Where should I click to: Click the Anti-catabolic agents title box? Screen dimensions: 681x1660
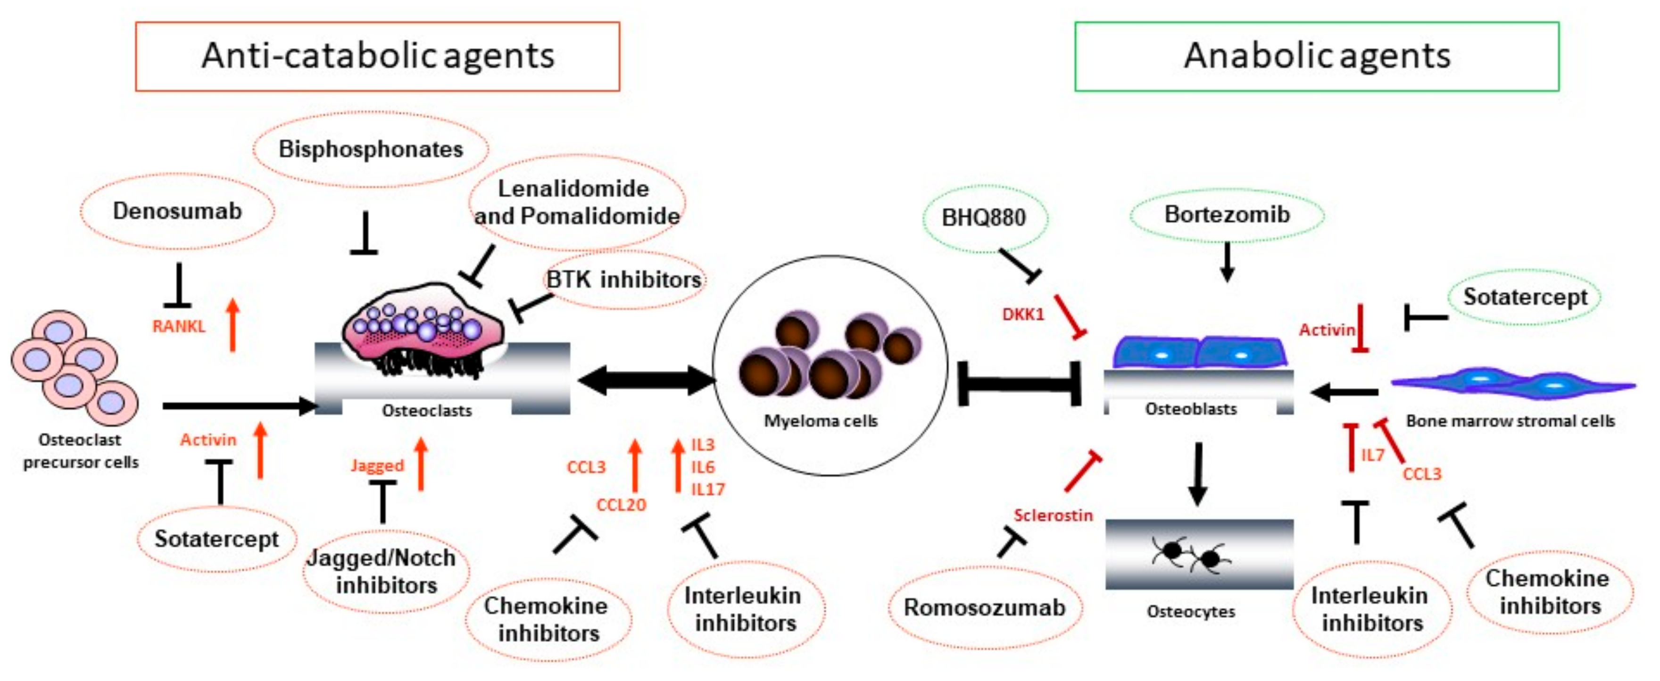pos(378,56)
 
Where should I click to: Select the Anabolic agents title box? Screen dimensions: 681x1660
pos(1317,56)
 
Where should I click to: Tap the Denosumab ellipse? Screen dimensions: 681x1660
pos(177,211)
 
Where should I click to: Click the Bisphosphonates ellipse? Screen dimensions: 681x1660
pos(371,149)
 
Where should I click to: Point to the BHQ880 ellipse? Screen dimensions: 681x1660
pos(984,218)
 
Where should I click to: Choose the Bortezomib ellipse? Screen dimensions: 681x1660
pos(1227,214)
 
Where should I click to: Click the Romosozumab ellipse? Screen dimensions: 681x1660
pos(985,607)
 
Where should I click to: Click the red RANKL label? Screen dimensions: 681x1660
pos(179,327)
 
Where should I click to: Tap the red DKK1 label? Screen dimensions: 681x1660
pos(1023,315)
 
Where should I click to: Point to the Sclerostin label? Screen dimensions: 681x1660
pos(1053,515)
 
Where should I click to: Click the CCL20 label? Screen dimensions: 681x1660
pos(621,505)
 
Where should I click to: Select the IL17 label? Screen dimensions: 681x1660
pos(707,490)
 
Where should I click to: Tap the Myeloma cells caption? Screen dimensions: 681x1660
pos(821,421)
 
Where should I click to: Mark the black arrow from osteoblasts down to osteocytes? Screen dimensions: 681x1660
pos(1197,473)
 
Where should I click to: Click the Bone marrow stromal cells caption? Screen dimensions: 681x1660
pos(1510,421)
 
